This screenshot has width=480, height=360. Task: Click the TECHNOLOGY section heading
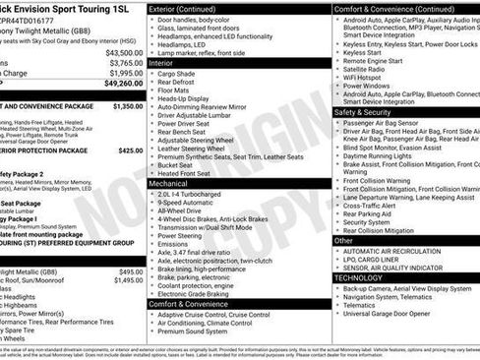(363, 278)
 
